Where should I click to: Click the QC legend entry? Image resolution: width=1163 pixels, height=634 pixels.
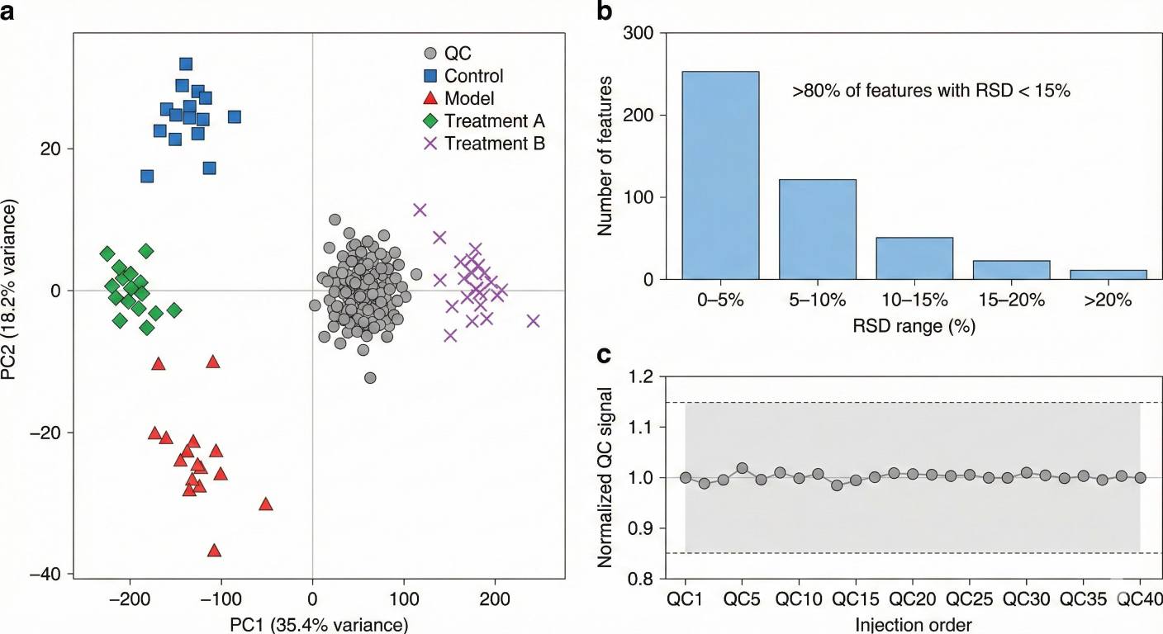point(458,54)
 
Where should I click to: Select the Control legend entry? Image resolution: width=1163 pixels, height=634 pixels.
point(473,76)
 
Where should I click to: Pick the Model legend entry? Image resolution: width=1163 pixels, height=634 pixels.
point(468,98)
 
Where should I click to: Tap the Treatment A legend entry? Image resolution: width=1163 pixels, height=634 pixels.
point(494,121)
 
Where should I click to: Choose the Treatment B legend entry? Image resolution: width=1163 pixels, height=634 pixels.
point(494,143)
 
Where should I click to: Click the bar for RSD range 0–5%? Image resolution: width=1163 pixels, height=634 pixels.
point(720,175)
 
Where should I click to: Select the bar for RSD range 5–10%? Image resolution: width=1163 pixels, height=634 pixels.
point(818,229)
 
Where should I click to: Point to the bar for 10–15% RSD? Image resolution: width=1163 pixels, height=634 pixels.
point(915,258)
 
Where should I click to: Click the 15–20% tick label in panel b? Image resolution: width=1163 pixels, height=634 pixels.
point(1012,300)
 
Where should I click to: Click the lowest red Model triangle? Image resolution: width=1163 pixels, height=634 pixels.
point(215,551)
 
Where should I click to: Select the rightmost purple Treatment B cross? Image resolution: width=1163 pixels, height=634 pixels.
point(533,320)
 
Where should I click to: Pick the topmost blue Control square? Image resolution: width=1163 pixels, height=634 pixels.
point(186,64)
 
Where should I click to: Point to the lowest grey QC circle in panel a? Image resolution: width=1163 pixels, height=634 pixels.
point(370,377)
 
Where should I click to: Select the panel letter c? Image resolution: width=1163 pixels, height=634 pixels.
point(604,355)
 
